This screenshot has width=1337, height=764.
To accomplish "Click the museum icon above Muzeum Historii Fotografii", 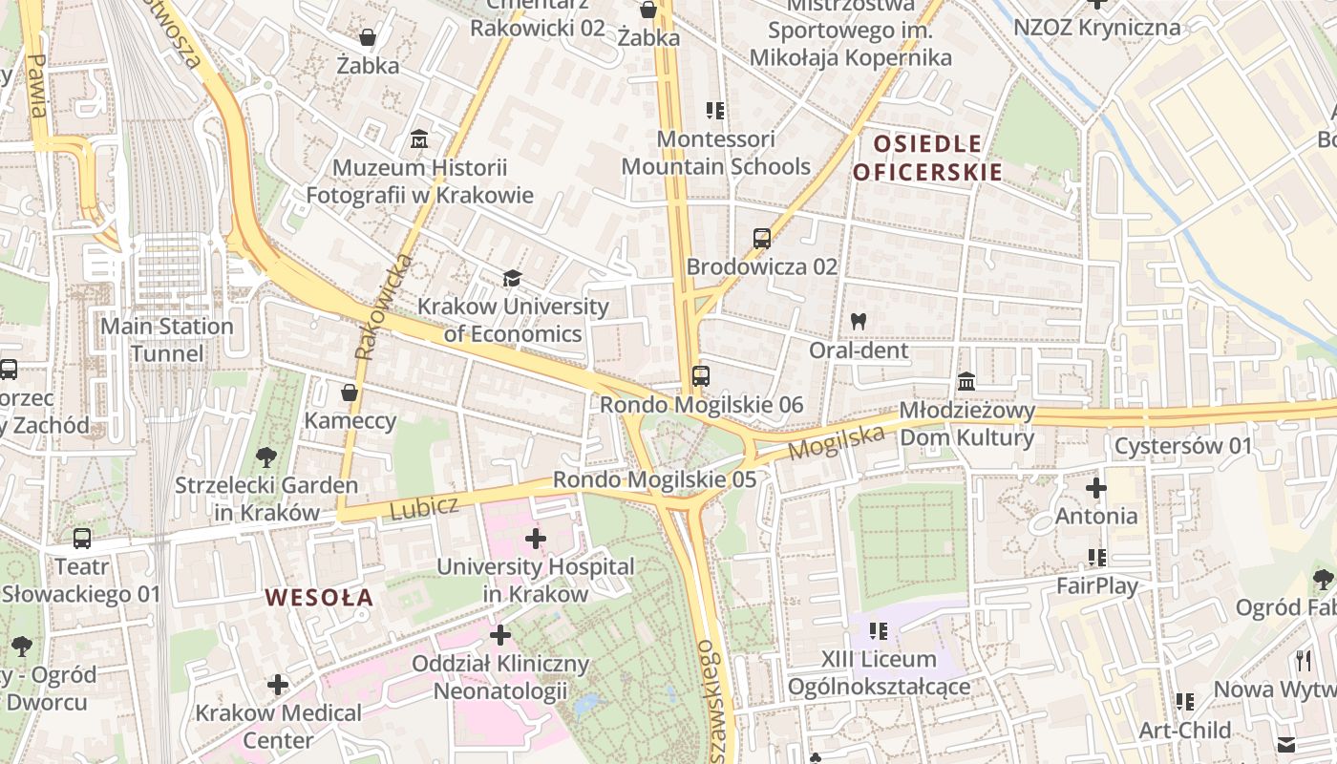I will pyautogui.click(x=418, y=140).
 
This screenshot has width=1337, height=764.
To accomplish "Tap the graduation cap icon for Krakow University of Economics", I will pyautogui.click(x=513, y=279).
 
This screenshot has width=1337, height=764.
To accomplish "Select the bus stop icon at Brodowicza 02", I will pyautogui.click(x=761, y=239).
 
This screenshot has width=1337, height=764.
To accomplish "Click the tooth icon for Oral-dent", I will pyautogui.click(x=858, y=322).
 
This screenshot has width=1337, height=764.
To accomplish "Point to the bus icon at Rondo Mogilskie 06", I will pyautogui.click(x=701, y=376).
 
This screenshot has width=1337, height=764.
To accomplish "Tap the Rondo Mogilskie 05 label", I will pyautogui.click(x=654, y=479).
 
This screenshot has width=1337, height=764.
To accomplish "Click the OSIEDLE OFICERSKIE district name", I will pyautogui.click(x=926, y=159).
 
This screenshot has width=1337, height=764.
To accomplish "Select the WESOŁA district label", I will pyautogui.click(x=319, y=598).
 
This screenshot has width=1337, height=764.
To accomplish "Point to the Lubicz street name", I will pyautogui.click(x=424, y=507).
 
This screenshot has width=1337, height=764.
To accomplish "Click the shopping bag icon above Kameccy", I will pyautogui.click(x=350, y=393).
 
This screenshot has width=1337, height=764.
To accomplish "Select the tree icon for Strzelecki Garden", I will pyautogui.click(x=266, y=457).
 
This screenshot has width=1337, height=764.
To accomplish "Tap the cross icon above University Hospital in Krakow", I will pyautogui.click(x=536, y=539).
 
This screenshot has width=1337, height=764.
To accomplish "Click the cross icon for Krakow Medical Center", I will pyautogui.click(x=278, y=685).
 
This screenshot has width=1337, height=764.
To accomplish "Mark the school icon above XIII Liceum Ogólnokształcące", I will pyautogui.click(x=879, y=631).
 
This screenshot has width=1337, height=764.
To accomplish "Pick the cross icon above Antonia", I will pyautogui.click(x=1096, y=489).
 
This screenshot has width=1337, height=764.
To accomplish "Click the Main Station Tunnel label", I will pyautogui.click(x=167, y=340).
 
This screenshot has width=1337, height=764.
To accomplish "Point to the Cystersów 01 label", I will pyautogui.click(x=1183, y=446).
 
